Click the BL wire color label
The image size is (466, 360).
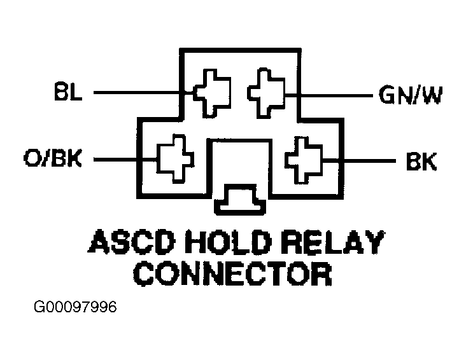68,92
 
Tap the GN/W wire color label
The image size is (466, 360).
411,95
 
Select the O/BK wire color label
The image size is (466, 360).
53,158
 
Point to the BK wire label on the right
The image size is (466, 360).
421,162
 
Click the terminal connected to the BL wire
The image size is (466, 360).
212,93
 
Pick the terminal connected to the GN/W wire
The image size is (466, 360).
266,93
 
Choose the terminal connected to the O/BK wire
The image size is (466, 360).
175,158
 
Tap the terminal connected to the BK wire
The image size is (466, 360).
304,160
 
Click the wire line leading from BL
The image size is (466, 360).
144,93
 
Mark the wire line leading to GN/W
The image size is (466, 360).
328,95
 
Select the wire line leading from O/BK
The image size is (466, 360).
125,160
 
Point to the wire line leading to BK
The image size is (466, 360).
359,161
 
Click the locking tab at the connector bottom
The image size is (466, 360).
240,200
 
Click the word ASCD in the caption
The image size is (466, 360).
132,241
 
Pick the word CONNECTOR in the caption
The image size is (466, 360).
232,274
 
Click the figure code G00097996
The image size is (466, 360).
75,307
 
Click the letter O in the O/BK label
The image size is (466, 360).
32,158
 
